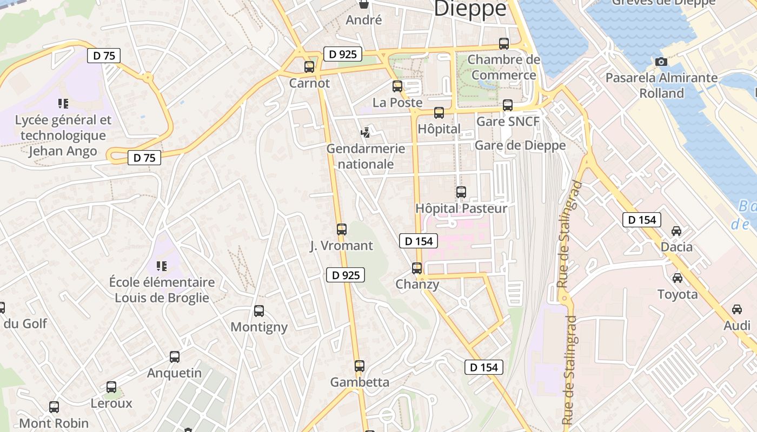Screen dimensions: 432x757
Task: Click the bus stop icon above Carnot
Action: click(309, 67)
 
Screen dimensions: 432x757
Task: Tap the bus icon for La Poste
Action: click(397, 86)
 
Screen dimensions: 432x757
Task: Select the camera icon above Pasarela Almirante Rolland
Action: click(661, 62)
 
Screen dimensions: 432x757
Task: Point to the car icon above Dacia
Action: click(676, 231)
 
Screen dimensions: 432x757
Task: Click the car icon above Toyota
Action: click(677, 278)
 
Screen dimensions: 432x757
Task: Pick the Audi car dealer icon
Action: click(737, 309)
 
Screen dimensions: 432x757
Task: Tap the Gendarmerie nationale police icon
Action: click(366, 132)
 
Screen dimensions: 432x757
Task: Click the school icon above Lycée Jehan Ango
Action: click(63, 103)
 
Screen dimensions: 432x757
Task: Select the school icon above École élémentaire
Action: click(161, 266)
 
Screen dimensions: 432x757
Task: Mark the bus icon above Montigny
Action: click(259, 311)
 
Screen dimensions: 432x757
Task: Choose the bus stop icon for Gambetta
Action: click(360, 366)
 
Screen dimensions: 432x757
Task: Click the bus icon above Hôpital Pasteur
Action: click(461, 192)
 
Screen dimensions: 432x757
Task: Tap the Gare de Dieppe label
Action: click(520, 145)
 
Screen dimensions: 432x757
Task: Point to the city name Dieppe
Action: click(470, 9)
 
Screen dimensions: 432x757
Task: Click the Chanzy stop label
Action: click(417, 284)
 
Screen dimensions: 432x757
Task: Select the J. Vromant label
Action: click(341, 246)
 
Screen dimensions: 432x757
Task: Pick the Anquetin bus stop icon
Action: click(175, 357)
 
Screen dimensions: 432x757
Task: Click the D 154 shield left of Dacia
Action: click(642, 220)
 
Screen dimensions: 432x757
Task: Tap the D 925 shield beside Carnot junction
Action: click(343, 54)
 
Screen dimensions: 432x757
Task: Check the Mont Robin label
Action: click(54, 423)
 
